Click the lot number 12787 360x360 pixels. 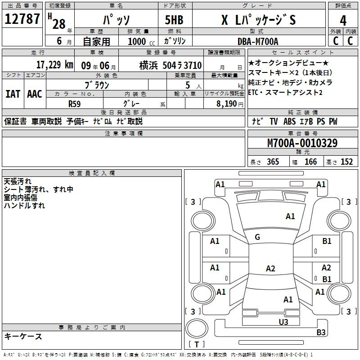(x=22, y=19)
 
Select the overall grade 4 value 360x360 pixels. (x=343, y=21)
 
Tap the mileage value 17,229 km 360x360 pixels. (x=54, y=65)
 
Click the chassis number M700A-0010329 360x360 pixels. (x=302, y=143)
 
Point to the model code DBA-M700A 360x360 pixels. (x=258, y=41)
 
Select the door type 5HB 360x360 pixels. (x=174, y=20)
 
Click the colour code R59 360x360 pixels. (x=74, y=104)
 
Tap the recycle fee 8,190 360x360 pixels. (x=226, y=104)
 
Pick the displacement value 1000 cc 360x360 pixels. (x=141, y=41)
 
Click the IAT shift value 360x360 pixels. (x=13, y=94)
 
